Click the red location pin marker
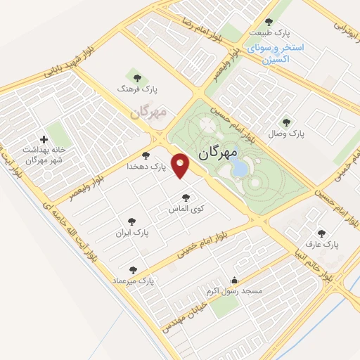(x=182, y=165)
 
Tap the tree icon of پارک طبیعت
(x=269, y=22)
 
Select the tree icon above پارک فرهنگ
(x=136, y=76)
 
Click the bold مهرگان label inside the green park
(x=218, y=152)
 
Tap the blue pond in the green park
(x=239, y=167)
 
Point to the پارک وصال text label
(x=285, y=133)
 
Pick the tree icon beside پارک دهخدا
(x=146, y=155)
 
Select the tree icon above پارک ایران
(x=130, y=220)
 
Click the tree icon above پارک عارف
(x=321, y=233)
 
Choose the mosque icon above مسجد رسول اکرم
(x=234, y=280)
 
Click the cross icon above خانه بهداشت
(x=45, y=139)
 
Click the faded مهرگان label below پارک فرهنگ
(x=148, y=112)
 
